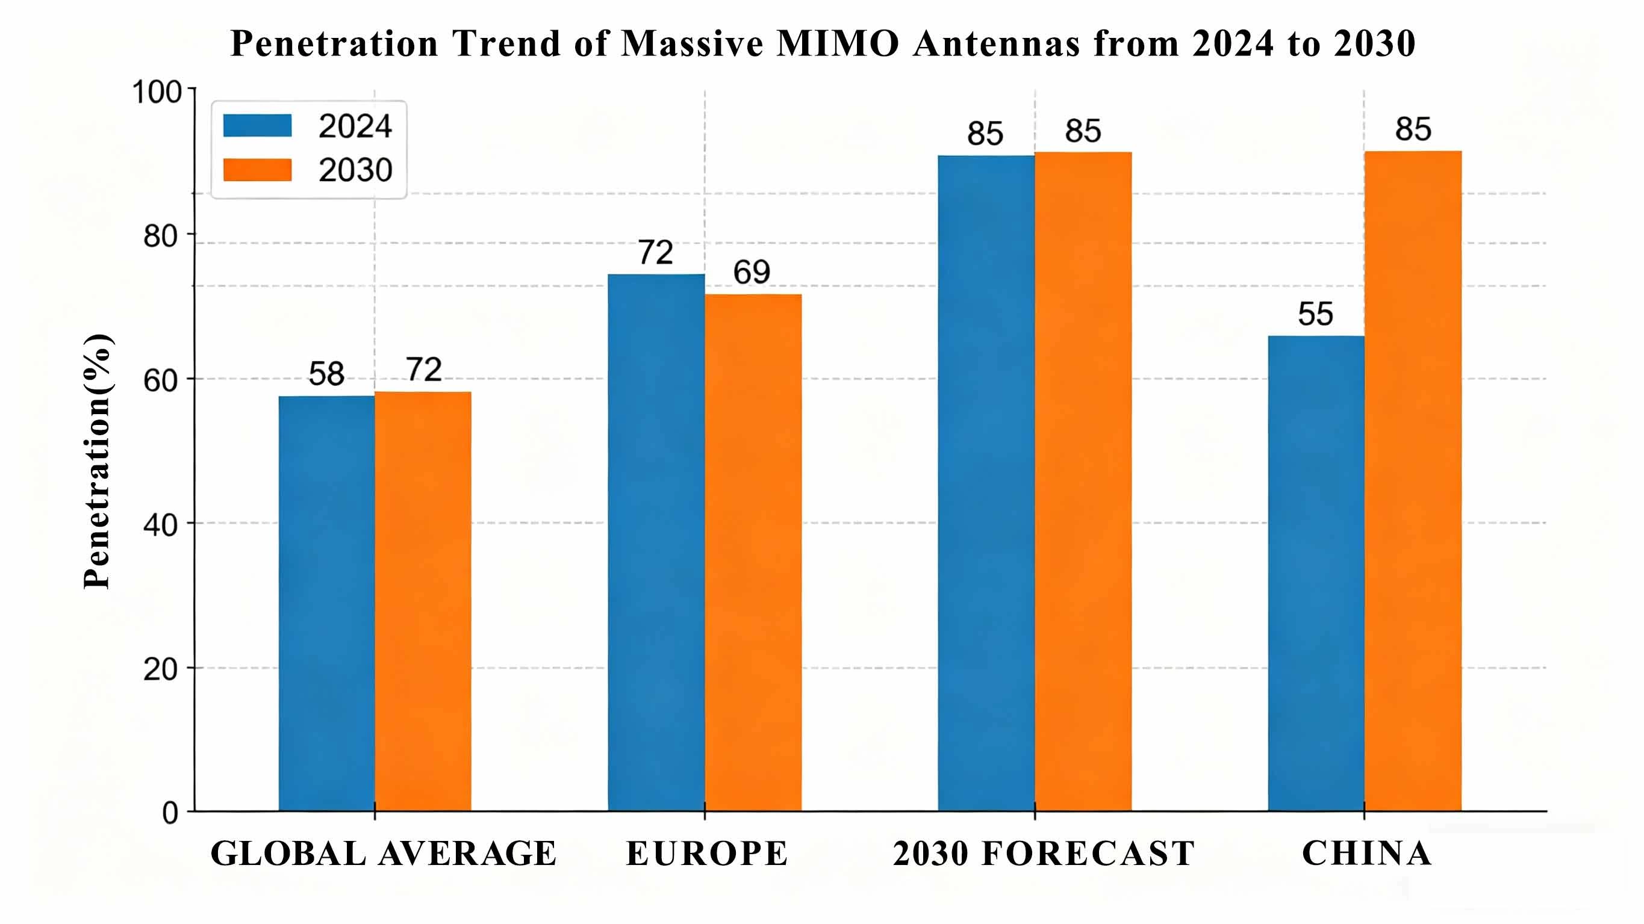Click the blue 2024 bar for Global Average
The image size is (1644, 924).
(x=327, y=603)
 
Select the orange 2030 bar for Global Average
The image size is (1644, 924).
(x=423, y=601)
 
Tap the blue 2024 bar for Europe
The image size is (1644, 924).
(x=656, y=542)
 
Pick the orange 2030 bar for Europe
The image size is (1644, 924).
(x=753, y=552)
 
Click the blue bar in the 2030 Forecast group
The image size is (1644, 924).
(x=986, y=483)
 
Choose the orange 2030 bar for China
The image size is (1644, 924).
(x=1413, y=480)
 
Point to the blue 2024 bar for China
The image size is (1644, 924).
(x=1316, y=573)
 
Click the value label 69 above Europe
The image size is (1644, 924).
(x=752, y=273)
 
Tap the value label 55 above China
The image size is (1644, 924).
(x=1315, y=315)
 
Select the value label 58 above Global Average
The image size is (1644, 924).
(x=326, y=374)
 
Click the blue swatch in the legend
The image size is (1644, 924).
(x=257, y=126)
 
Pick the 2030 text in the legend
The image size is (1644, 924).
(x=355, y=170)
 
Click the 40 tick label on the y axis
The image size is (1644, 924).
(x=160, y=525)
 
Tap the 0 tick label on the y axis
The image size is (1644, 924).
(x=170, y=814)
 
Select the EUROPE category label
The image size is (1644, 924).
(x=706, y=854)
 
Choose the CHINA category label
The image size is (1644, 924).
(x=1366, y=853)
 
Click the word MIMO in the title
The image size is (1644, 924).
(x=837, y=43)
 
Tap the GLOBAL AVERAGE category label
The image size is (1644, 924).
(x=384, y=854)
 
